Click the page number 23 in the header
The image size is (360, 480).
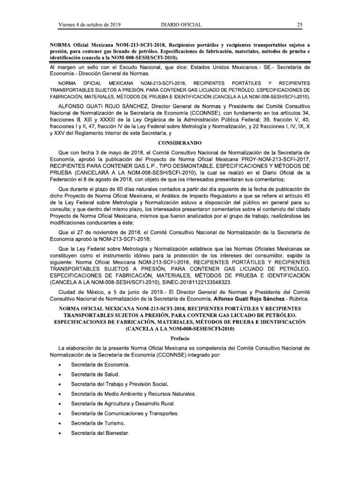pos(299,25)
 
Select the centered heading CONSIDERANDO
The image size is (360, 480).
pos(180,141)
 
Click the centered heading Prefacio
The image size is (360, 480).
pos(180,337)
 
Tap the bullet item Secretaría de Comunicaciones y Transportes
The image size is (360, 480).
pos(124,414)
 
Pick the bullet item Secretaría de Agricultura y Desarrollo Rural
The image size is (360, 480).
pos(122,404)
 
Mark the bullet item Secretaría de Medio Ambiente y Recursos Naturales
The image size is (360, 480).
pos(133,394)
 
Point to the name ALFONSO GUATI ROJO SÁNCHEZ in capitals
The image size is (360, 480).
pos(97,108)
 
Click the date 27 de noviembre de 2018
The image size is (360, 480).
pos(105,232)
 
